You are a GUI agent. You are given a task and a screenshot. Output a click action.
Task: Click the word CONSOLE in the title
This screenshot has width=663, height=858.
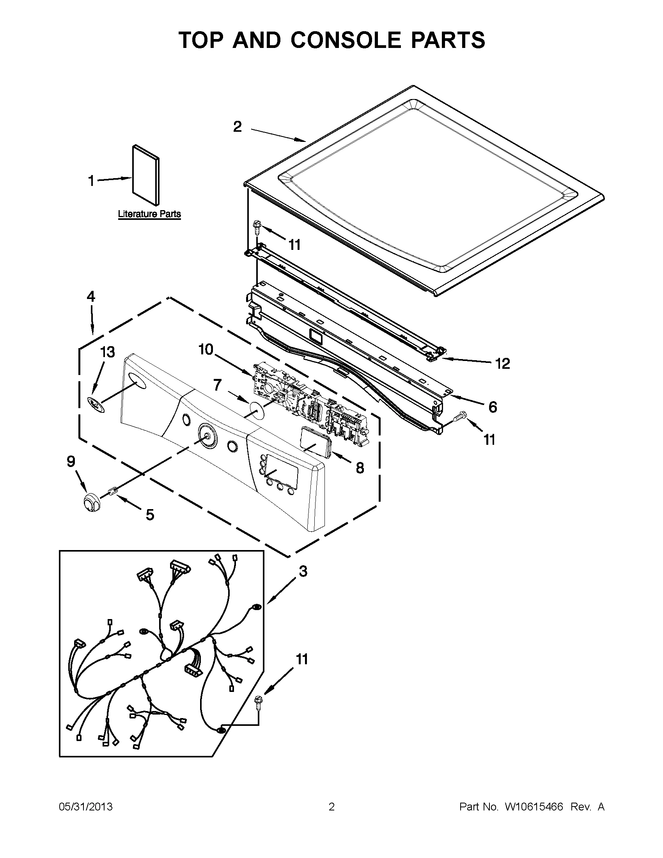coord(346,40)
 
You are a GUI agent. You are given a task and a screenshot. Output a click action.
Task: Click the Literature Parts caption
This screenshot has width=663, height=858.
coord(149,214)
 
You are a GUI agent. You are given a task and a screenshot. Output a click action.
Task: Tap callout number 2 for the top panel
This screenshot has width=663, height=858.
coord(238,127)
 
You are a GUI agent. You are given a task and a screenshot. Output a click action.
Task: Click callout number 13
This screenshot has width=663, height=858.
coord(107,352)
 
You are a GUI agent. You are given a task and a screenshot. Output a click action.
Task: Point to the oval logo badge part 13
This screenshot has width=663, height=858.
coord(96,405)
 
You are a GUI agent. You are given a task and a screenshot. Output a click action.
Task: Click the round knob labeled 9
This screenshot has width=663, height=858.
coord(91,502)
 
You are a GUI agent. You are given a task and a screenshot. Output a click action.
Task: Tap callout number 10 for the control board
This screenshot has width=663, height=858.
coord(206,349)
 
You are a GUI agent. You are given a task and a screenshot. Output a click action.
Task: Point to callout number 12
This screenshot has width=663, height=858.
coord(502,363)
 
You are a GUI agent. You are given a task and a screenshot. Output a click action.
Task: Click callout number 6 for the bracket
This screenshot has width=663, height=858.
coord(493,407)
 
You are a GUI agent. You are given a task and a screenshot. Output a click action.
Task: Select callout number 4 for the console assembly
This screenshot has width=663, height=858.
coord(91,297)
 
